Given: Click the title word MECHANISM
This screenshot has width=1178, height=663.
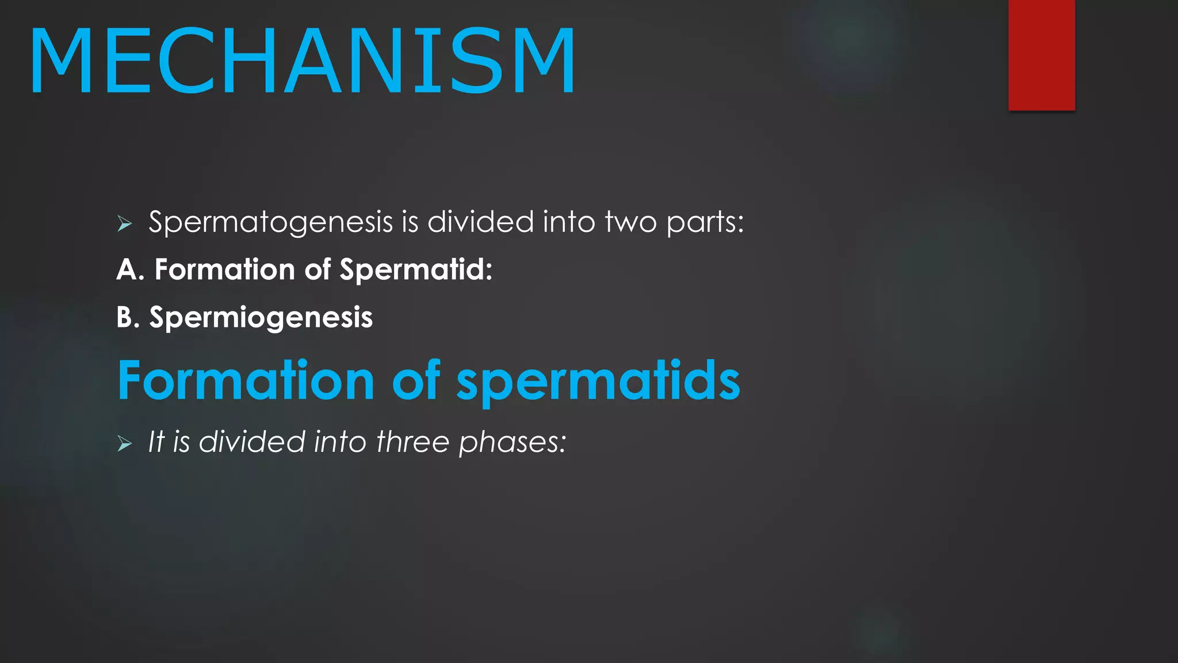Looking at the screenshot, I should click(303, 61).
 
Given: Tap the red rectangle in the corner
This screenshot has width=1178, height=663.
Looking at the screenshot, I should click(1041, 55).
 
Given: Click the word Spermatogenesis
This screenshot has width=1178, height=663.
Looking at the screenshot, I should click(270, 223).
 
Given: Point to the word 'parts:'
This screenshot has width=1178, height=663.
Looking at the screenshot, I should click(705, 223).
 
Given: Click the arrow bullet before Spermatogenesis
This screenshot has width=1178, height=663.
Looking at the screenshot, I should click(124, 223).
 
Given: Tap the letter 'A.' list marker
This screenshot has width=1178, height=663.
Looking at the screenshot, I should click(130, 269).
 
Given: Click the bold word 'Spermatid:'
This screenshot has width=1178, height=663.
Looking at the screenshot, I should click(416, 269).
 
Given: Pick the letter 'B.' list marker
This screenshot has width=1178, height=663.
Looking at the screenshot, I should click(128, 317).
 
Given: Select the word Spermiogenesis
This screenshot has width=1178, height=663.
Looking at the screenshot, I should click(261, 318).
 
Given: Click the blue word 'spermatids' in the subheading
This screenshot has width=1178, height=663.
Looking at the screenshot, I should click(598, 381).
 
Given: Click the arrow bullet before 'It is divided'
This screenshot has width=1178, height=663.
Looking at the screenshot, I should click(124, 443).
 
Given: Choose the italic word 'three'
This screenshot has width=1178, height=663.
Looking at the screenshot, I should click(412, 442).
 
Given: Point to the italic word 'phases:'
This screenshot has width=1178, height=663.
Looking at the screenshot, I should click(512, 443).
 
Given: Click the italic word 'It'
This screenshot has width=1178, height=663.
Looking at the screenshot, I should click(156, 442).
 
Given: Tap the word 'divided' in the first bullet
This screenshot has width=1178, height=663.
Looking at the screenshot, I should click(480, 222).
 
